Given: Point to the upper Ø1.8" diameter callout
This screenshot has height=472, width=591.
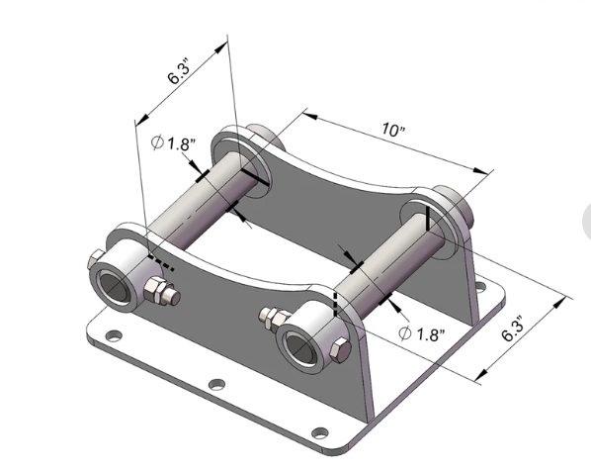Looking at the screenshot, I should point(175,143).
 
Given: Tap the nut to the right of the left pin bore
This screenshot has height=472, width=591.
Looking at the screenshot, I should point(158,292).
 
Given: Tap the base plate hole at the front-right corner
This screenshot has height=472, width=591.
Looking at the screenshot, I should point(318,431).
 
